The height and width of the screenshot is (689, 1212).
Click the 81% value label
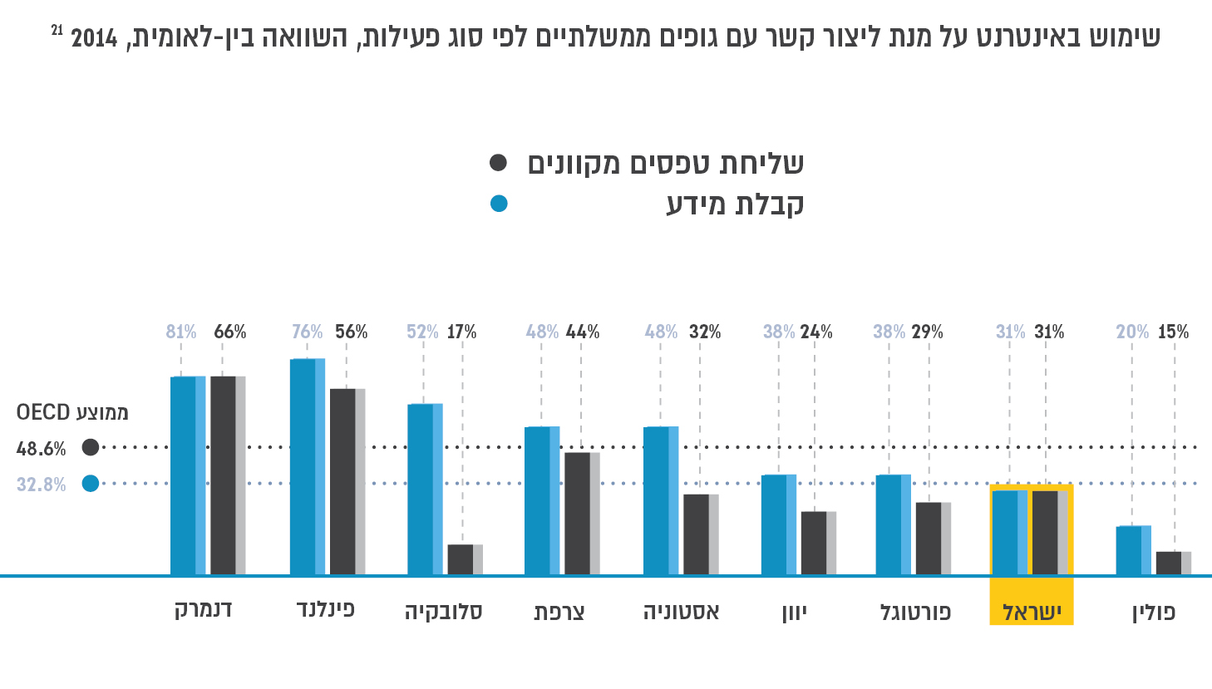[181, 332]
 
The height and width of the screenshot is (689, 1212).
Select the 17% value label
[462, 332]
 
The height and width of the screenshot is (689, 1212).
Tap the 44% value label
[583, 332]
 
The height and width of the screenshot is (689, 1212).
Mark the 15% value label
[1174, 332]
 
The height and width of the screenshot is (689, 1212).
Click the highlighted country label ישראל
[1032, 613]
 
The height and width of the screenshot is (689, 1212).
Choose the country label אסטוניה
[681, 613]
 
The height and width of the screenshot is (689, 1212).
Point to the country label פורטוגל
[915, 613]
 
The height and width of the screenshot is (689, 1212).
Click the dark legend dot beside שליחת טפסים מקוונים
[498, 162]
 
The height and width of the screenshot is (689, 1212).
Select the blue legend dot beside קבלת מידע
[498, 204]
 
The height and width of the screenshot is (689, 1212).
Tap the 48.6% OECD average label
[41, 449]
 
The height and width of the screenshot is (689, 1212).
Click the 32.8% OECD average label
[41, 485]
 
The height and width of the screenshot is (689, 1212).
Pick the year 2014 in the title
[95, 38]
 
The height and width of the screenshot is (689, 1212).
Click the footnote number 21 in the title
[57, 30]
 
